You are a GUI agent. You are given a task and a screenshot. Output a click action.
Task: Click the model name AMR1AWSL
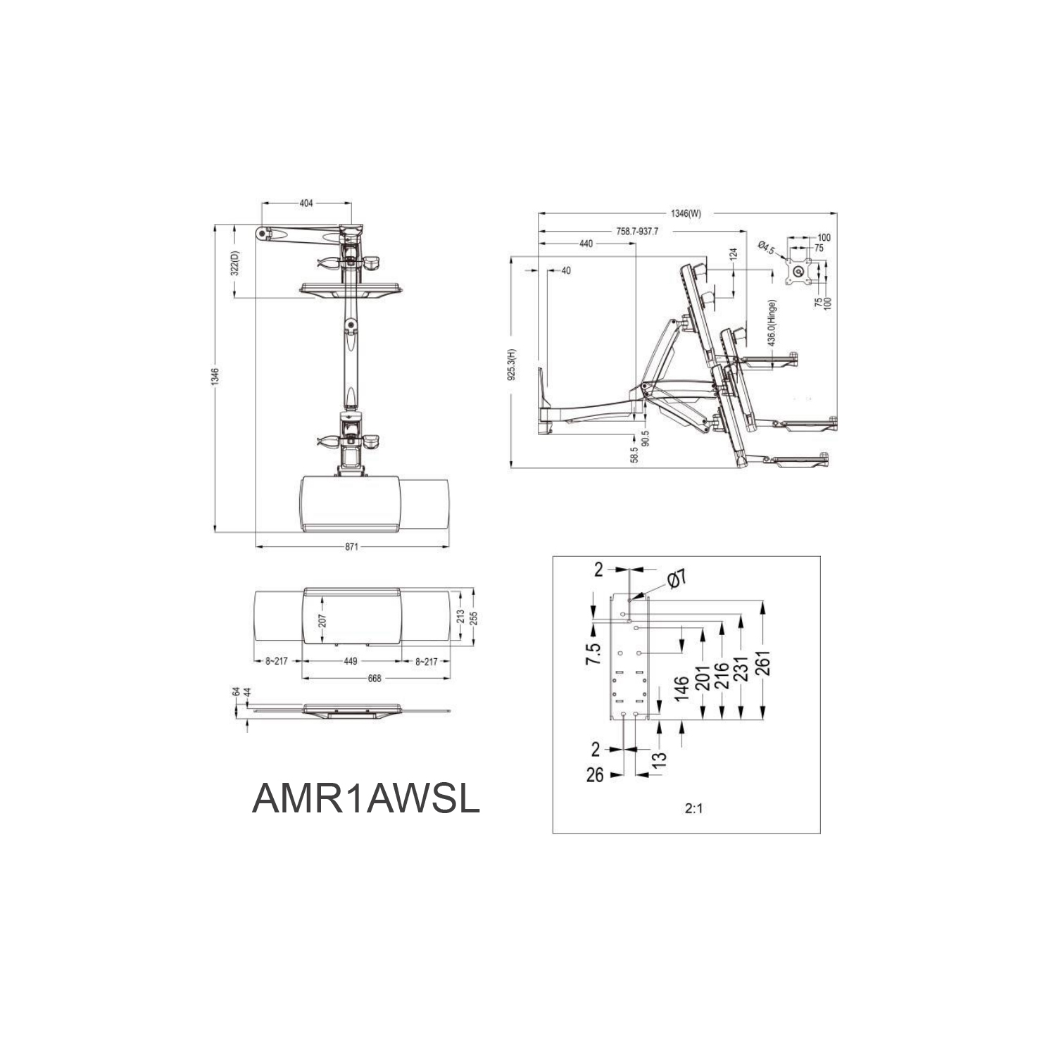[365, 800]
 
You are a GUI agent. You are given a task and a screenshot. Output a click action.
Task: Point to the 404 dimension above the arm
[306, 203]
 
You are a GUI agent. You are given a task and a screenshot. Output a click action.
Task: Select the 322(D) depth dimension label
[237, 263]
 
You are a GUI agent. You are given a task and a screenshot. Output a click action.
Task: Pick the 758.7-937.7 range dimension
[637, 231]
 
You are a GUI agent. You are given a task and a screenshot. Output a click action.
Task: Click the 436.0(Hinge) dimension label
[772, 323]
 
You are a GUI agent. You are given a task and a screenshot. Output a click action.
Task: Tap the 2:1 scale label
[693, 808]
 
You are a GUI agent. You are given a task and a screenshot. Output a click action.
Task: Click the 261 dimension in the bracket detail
[764, 662]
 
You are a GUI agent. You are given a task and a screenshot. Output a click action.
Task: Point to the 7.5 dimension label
[595, 654]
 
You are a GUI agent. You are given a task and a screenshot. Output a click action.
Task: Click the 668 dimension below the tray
[375, 678]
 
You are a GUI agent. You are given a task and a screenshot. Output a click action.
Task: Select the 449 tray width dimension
[351, 661]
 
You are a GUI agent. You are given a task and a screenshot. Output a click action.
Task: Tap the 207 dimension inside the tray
[322, 620]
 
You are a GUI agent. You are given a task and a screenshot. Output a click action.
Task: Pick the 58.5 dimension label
[634, 454]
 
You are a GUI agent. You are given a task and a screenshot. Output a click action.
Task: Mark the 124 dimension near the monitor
[734, 253]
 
